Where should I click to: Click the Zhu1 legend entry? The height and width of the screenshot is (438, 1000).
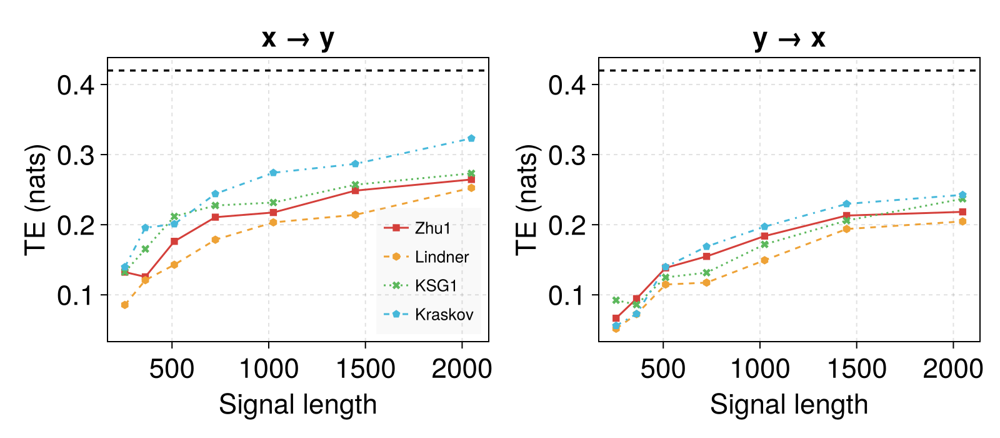click(417, 228)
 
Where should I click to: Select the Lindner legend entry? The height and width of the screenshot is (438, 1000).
click(426, 257)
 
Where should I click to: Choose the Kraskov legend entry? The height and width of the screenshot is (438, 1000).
click(428, 314)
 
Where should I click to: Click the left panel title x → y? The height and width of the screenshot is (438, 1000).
click(297, 39)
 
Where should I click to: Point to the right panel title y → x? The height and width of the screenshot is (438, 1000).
click(789, 39)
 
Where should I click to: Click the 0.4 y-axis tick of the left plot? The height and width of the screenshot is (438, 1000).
click(76, 85)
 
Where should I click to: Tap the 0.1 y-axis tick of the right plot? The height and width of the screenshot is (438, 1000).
click(566, 295)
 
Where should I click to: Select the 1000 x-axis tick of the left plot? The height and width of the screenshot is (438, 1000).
click(269, 369)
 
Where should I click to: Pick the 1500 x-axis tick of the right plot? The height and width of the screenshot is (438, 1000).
click(857, 369)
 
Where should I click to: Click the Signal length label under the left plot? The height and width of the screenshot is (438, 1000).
click(297, 405)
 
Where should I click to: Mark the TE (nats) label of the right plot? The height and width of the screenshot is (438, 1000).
click(527, 200)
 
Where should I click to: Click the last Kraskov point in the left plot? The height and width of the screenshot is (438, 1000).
click(471, 138)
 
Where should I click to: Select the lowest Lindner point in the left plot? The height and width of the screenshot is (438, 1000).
click(125, 305)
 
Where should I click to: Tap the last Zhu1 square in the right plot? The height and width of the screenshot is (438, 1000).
click(962, 212)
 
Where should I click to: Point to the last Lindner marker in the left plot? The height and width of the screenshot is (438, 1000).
click(471, 188)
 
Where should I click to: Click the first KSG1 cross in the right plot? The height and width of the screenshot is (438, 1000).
click(616, 300)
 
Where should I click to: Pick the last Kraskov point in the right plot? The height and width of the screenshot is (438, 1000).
click(962, 195)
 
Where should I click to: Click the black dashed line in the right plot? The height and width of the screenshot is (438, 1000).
click(789, 71)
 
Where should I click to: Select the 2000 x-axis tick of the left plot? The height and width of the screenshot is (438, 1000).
click(462, 369)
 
